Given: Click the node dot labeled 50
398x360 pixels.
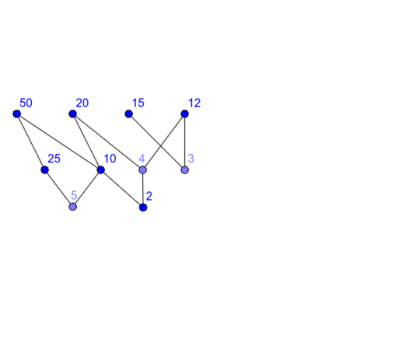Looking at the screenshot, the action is (x=17, y=114).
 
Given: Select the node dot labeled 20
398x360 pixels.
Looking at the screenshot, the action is (x=73, y=114).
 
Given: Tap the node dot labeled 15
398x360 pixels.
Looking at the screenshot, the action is (x=129, y=114).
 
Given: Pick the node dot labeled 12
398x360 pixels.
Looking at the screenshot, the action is (x=184, y=114).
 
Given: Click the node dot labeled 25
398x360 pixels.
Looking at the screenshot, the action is (x=45, y=170).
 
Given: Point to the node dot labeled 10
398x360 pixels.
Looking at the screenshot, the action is (x=101, y=170).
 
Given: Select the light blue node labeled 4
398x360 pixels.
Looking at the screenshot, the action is (x=143, y=170).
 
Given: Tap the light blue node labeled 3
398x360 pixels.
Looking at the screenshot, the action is (x=184, y=170).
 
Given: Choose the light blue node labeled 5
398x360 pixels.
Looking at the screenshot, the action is (x=73, y=207).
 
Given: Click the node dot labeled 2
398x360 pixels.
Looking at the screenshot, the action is (x=143, y=208).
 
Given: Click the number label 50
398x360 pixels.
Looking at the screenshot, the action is (x=26, y=103).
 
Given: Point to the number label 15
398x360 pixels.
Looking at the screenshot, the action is (x=138, y=103).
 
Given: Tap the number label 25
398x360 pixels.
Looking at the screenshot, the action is (x=54, y=159).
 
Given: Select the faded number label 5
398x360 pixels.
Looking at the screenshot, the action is (x=74, y=195).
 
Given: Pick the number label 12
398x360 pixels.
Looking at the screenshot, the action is (x=194, y=103).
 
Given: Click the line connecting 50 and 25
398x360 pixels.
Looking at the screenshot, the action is (x=31, y=142).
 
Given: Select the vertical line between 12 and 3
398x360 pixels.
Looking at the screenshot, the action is (x=184, y=142).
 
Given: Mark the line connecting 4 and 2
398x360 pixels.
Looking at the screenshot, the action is (x=143, y=188).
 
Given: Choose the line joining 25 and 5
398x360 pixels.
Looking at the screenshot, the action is (x=59, y=188).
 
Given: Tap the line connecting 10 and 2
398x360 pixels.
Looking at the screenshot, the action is (x=122, y=188).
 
